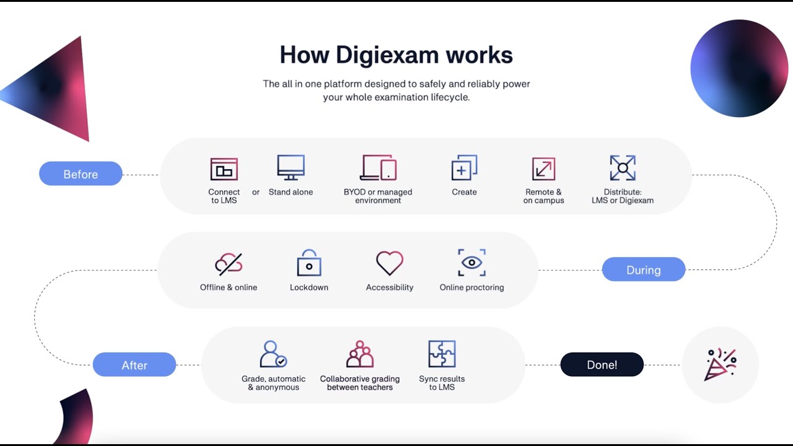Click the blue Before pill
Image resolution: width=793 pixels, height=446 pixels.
pyautogui.click(x=81, y=174)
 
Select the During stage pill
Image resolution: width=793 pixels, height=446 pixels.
pyautogui.click(x=644, y=270)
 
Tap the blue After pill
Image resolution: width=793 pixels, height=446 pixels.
pyautogui.click(x=134, y=365)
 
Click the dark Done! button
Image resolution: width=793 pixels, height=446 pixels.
pyautogui.click(x=602, y=365)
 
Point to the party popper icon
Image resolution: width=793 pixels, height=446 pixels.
pyautogui.click(x=720, y=364)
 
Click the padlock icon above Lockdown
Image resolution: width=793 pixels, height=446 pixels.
pyautogui.click(x=309, y=263)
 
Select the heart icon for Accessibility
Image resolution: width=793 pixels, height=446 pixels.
pyautogui.click(x=390, y=263)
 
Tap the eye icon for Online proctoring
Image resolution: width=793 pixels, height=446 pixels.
pyautogui.click(x=471, y=263)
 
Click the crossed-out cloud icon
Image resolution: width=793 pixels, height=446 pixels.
pyautogui.click(x=229, y=264)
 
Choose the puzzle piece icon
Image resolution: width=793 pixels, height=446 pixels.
pyautogui.click(x=442, y=354)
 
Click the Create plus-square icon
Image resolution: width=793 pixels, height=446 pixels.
pyautogui.click(x=464, y=168)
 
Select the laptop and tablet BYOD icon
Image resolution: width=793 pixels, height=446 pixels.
pyautogui.click(x=378, y=168)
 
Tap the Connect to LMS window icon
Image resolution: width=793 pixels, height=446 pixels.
pyautogui.click(x=224, y=169)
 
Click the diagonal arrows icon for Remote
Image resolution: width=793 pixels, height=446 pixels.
pyautogui.click(x=543, y=168)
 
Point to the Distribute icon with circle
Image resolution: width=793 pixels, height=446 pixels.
pyautogui.click(x=623, y=168)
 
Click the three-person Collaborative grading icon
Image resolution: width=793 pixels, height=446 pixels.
pyautogui.click(x=360, y=354)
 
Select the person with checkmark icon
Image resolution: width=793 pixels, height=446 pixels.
pyautogui.click(x=273, y=354)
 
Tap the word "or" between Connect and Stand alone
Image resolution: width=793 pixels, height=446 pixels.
pyautogui.click(x=256, y=192)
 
